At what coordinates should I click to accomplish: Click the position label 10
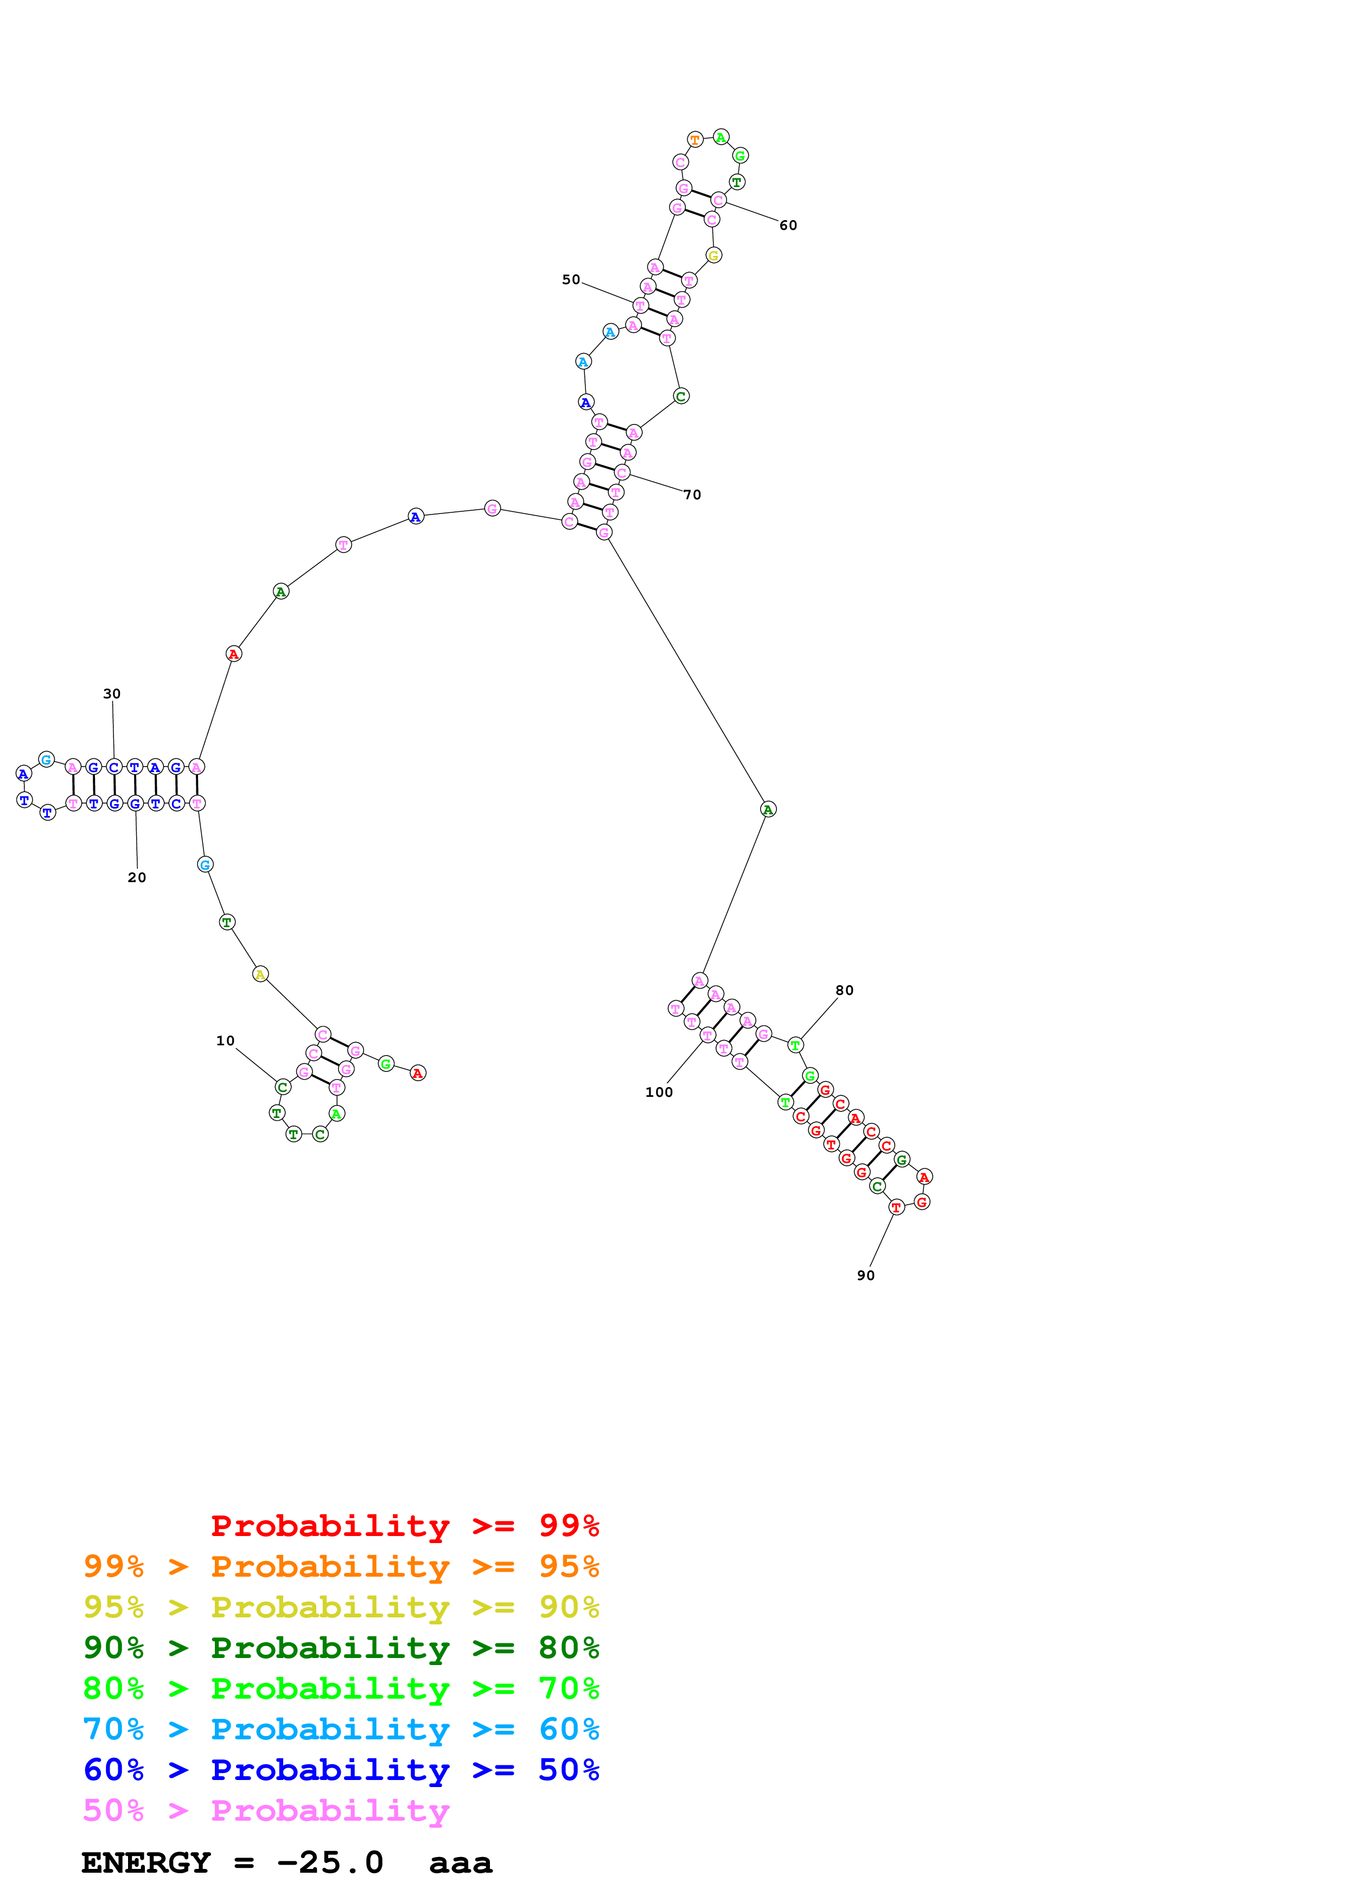point(225,1042)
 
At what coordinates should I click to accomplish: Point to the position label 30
point(112,694)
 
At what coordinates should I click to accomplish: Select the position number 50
point(571,280)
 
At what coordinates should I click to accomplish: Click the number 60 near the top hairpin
point(788,226)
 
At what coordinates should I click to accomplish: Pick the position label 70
point(692,496)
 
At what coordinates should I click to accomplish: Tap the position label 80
point(844,991)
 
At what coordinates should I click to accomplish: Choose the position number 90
point(866,1276)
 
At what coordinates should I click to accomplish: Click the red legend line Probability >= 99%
point(404,1525)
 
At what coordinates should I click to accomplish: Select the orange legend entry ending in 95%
point(341,1566)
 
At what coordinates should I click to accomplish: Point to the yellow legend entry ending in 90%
point(341,1607)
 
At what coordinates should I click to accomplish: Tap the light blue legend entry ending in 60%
point(341,1729)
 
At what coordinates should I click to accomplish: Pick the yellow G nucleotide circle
point(713,256)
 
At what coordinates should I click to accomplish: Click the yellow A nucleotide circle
point(260,974)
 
